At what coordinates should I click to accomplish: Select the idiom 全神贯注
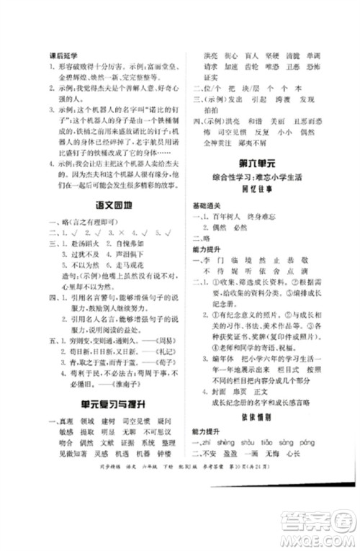(217, 143)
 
